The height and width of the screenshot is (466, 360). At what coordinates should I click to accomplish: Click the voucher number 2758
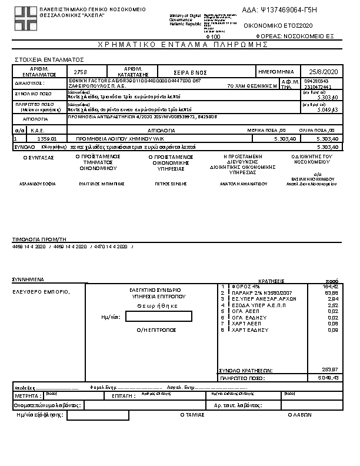81,72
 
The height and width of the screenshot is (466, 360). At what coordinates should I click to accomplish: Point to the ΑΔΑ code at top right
288,10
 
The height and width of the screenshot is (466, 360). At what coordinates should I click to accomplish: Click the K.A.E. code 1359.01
46,138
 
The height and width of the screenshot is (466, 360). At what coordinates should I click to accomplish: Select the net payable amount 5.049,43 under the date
326,109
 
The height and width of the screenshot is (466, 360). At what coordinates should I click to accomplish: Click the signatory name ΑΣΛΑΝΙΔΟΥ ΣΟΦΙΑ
38,184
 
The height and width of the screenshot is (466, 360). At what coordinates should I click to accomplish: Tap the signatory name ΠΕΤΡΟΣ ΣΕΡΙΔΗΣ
171,184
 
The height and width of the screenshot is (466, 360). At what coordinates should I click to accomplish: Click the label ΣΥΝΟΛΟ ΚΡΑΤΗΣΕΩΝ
245,370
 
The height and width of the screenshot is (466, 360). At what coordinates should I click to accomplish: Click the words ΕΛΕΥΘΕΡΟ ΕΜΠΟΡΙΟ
41,292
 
